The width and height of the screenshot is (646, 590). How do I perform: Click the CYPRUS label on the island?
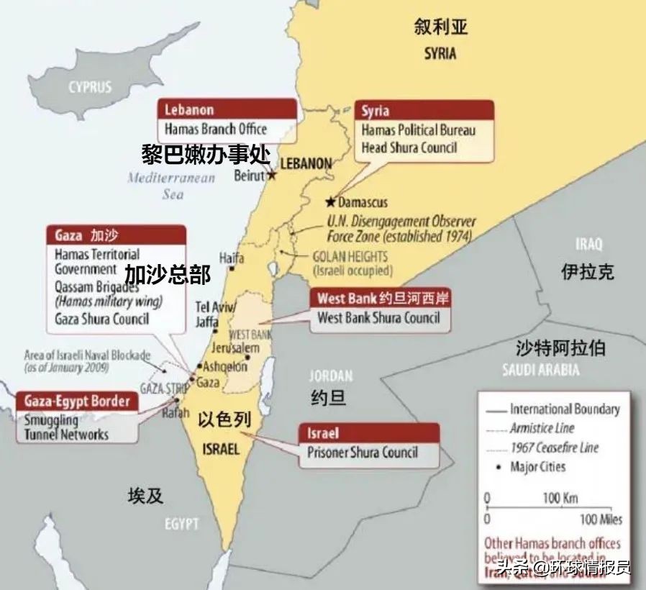91,87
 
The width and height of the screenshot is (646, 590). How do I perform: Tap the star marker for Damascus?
331,201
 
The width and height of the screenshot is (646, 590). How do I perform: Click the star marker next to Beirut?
272,175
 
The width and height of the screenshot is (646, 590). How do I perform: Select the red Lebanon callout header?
227,109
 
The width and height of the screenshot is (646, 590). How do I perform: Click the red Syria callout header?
424,110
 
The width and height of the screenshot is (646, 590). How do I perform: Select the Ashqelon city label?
224,366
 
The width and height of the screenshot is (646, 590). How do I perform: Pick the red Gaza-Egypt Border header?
76,401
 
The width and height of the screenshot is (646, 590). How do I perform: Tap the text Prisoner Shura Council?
363,453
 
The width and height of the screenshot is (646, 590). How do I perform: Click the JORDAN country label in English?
331,376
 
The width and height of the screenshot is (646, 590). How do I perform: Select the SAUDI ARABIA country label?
541,370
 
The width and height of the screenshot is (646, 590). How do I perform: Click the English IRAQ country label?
588,244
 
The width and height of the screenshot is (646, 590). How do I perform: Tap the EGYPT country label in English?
181,524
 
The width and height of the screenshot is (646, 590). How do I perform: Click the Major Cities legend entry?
537,467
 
